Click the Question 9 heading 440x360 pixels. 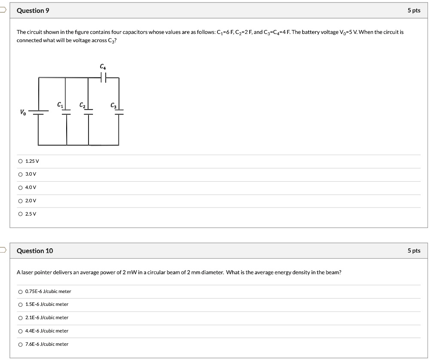[33, 11]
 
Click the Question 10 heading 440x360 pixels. [34, 251]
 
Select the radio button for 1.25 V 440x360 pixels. [20, 161]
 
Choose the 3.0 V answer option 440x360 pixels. [20, 174]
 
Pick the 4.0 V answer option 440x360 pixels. [20, 188]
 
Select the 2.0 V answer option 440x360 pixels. [20, 201]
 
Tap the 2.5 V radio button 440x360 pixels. [20, 214]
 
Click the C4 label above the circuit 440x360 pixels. [102, 67]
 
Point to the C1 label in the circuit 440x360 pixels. [60, 105]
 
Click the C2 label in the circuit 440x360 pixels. [82, 105]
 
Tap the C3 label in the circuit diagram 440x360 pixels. [113, 105]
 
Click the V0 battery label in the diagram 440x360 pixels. [23, 113]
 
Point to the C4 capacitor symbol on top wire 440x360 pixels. [103, 78]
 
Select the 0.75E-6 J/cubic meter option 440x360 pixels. [20, 292]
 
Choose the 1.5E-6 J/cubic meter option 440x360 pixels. [20, 305]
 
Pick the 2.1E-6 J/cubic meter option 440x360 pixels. [20, 318]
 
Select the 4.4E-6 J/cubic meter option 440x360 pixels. [20, 331]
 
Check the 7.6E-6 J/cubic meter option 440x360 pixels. [20, 345]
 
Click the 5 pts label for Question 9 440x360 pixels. [414, 11]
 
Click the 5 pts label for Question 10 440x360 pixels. [414, 251]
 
